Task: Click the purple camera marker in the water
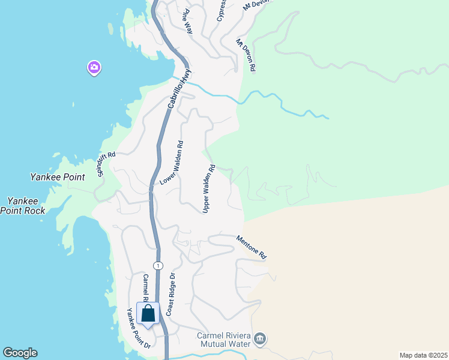pyautogui.click(x=94, y=67)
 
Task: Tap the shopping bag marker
pyautogui.click(x=148, y=313)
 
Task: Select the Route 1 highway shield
pyautogui.click(x=157, y=265)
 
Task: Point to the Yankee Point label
pyautogui.click(x=58, y=177)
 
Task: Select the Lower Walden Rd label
pyautogui.click(x=172, y=163)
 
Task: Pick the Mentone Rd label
pyautogui.click(x=251, y=247)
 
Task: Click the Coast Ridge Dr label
pyautogui.click(x=170, y=295)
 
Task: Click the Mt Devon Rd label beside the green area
pyautogui.click(x=246, y=56)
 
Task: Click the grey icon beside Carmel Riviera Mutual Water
pyautogui.click(x=260, y=340)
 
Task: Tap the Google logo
pyautogui.click(x=20, y=353)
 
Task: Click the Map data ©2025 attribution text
pyautogui.click(x=423, y=355)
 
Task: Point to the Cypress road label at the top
pyautogui.click(x=221, y=10)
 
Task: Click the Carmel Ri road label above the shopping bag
pyautogui.click(x=145, y=288)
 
